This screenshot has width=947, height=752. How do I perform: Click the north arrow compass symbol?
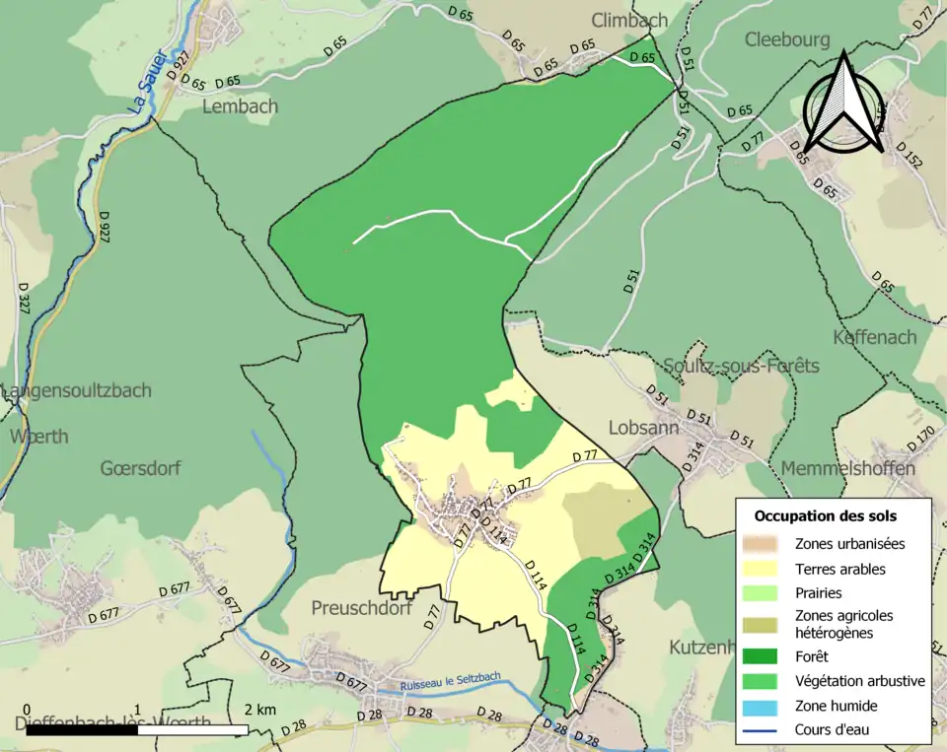coord(842,105)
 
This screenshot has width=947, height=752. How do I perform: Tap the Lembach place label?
coord(240,106)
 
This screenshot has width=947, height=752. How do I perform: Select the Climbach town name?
coord(629,20)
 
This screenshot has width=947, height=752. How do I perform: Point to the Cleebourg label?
coord(787,39)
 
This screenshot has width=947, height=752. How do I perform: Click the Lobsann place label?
coord(643,429)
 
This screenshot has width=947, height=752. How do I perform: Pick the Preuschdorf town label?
coord(361,608)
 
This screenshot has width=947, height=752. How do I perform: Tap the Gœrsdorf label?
coord(140,468)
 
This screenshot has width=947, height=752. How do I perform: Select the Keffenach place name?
coord(874,337)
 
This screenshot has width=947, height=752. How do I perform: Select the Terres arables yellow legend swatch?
coord(764,569)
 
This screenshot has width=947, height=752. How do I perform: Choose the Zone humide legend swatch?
coord(764,706)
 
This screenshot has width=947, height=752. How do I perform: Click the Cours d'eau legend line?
coord(764,730)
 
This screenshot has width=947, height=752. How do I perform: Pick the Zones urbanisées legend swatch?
coord(764,543)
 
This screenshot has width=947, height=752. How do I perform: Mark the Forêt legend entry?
coord(764,655)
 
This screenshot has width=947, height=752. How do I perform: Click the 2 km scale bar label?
coord(260,710)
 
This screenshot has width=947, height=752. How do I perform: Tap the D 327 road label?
coord(24,299)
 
